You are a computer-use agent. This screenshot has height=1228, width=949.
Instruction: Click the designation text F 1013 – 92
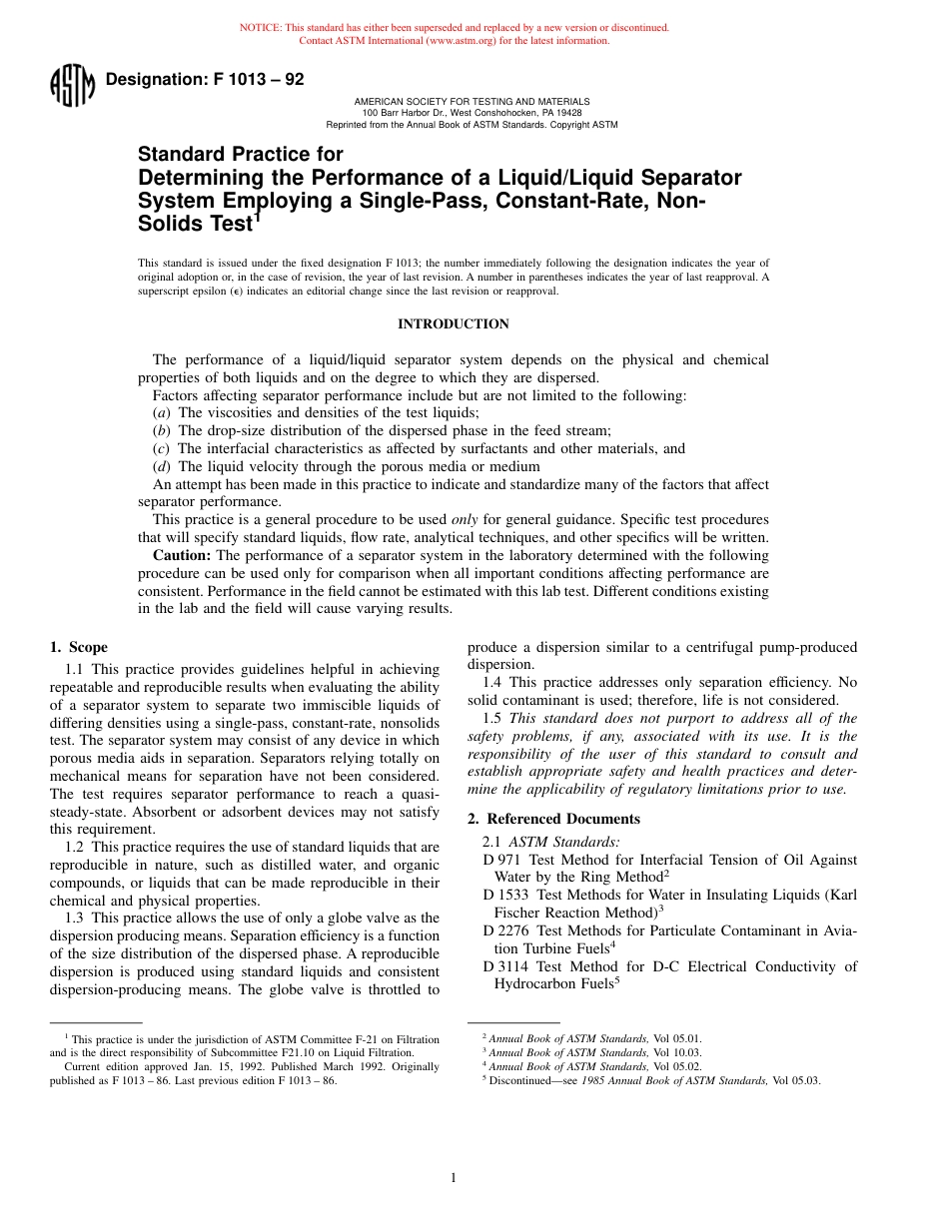pos(204,80)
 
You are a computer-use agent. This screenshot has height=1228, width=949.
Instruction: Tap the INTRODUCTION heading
pos(454,324)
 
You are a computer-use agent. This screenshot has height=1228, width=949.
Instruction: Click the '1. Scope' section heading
pos(79,647)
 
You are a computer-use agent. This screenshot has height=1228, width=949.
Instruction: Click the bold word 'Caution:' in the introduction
pos(182,555)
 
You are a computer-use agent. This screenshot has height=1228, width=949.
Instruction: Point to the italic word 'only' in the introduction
pos(465,520)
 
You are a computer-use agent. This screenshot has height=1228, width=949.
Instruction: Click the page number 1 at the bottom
pos(454,1178)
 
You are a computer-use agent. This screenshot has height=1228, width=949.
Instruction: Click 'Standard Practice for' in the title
pos(240,155)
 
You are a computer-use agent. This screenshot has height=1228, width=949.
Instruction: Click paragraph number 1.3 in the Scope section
pos(77,918)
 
